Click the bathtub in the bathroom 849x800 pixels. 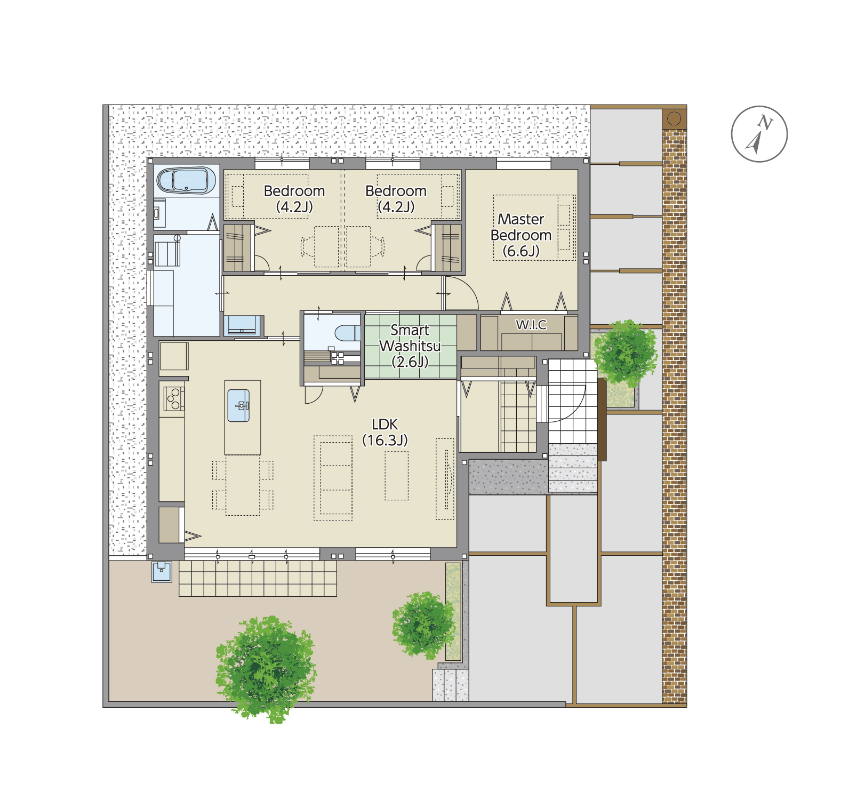(186, 181)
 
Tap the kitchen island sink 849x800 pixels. (238, 406)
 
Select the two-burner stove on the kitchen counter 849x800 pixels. (173, 398)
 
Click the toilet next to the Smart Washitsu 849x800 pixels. (347, 333)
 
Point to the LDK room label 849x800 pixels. (385, 432)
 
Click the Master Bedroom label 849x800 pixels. (521, 235)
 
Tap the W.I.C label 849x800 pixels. (531, 324)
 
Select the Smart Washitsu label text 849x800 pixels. (410, 346)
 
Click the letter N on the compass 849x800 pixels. (766, 123)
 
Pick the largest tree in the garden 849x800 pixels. (266, 669)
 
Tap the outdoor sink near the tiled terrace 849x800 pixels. (162, 572)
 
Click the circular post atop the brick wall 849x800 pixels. (674, 118)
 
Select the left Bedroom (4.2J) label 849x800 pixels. (294, 198)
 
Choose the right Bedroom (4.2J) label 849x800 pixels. (396, 198)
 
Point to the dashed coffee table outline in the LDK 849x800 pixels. (397, 476)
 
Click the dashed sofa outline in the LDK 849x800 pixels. (333, 478)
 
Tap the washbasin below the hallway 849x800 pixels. (242, 325)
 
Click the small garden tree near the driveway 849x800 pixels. (423, 625)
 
